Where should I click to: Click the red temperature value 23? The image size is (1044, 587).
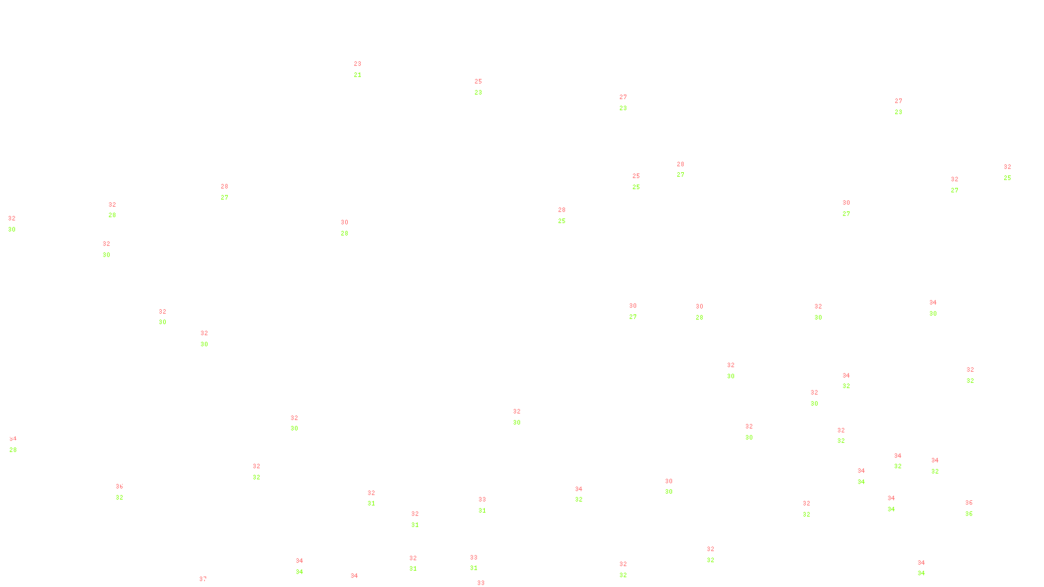click(358, 64)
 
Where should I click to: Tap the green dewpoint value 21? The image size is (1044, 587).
click(358, 75)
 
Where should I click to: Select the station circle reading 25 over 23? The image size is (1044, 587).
click(484, 87)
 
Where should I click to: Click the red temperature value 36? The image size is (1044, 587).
click(969, 503)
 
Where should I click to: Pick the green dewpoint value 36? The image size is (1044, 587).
click(969, 514)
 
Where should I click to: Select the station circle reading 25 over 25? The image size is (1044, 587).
click(642, 181)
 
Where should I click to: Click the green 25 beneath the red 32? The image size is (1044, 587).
click(1007, 178)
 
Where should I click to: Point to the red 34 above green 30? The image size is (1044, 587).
click(933, 303)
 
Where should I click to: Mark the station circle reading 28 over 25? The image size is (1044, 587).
click(568, 216)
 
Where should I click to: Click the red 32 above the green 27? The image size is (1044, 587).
click(955, 179)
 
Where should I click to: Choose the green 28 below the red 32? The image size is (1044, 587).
click(112, 215)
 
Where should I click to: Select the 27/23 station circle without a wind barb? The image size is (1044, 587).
click(905, 107)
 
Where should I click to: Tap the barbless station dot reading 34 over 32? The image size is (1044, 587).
click(585, 494)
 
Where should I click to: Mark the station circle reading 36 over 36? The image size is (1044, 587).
click(975, 508)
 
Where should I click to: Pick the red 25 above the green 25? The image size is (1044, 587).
click(636, 176)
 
